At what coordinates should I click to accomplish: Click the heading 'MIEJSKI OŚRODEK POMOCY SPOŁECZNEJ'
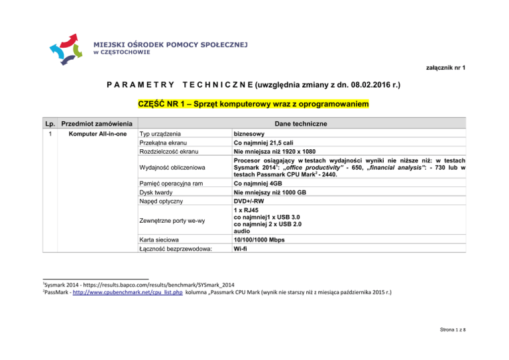170,44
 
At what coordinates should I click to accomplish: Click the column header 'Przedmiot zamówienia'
96,123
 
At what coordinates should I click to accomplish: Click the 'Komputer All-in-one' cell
98,134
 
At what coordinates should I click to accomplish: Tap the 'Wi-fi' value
241,249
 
